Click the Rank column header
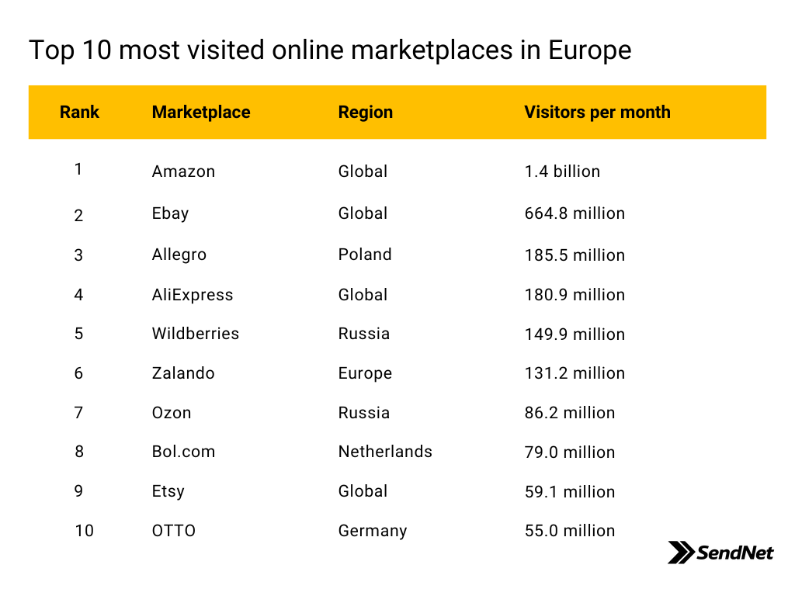point(79,112)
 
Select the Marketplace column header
point(201,112)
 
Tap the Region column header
point(365,112)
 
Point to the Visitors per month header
point(597,112)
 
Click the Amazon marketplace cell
point(183,172)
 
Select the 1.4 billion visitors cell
point(562,172)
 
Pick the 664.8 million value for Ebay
point(575,213)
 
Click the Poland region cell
point(365,254)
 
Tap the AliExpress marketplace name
point(193,294)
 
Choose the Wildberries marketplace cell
point(195,334)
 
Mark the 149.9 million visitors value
point(575,334)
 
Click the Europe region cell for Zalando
point(365,373)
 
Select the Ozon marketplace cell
point(172,413)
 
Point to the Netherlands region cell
point(385,452)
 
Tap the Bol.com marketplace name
point(183,452)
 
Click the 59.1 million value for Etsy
point(569,491)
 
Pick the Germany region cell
point(373,531)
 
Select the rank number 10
point(84,531)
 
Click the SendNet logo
point(720,553)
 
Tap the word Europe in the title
point(590,50)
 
